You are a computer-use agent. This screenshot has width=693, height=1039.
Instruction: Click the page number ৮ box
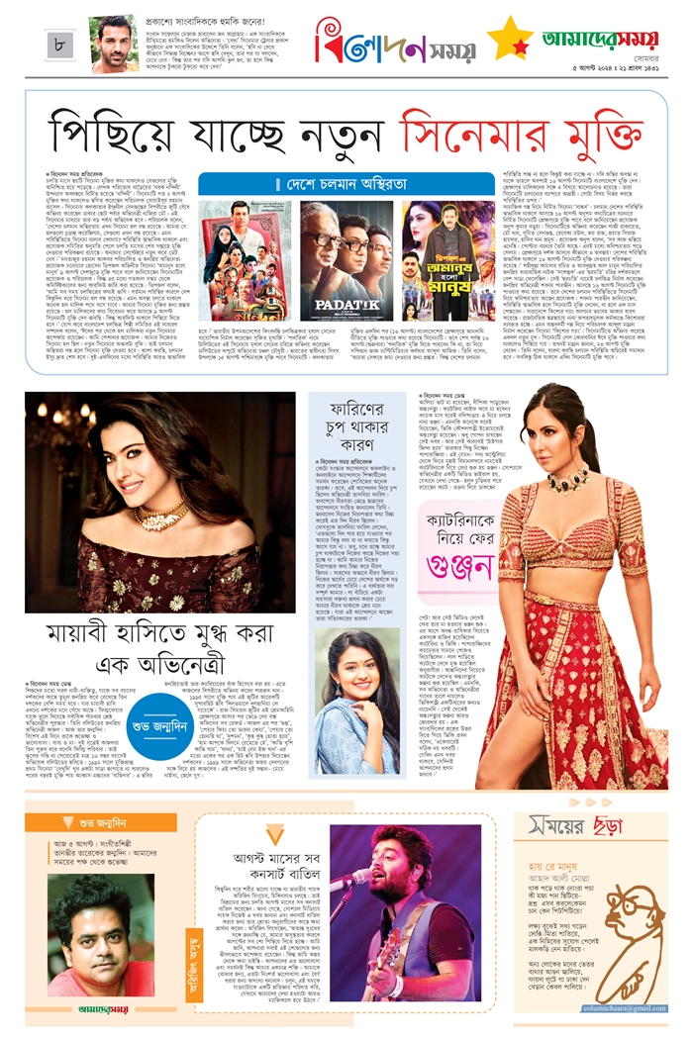pos(61,44)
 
